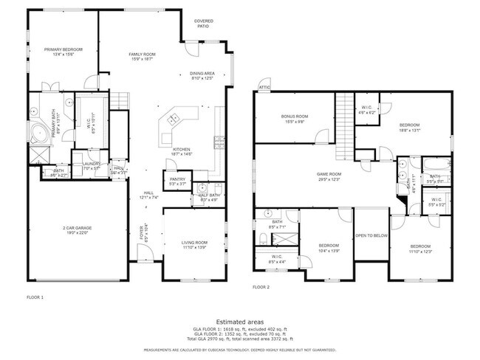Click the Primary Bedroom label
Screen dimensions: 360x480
(63, 49)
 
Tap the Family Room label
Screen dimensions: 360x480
(143, 55)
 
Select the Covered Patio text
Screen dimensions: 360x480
(203, 23)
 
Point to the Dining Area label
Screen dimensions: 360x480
(202, 74)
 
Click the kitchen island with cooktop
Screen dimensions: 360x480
(176, 118)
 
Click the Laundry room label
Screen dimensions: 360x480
(91, 165)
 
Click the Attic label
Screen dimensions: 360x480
(264, 88)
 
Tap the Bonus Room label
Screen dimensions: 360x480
(294, 117)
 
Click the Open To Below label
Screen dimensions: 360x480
(371, 237)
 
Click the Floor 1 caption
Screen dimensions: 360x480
(35, 297)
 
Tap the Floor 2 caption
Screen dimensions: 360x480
(261, 286)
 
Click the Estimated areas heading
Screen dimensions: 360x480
(239, 322)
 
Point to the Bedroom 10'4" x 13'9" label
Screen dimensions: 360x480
(329, 246)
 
